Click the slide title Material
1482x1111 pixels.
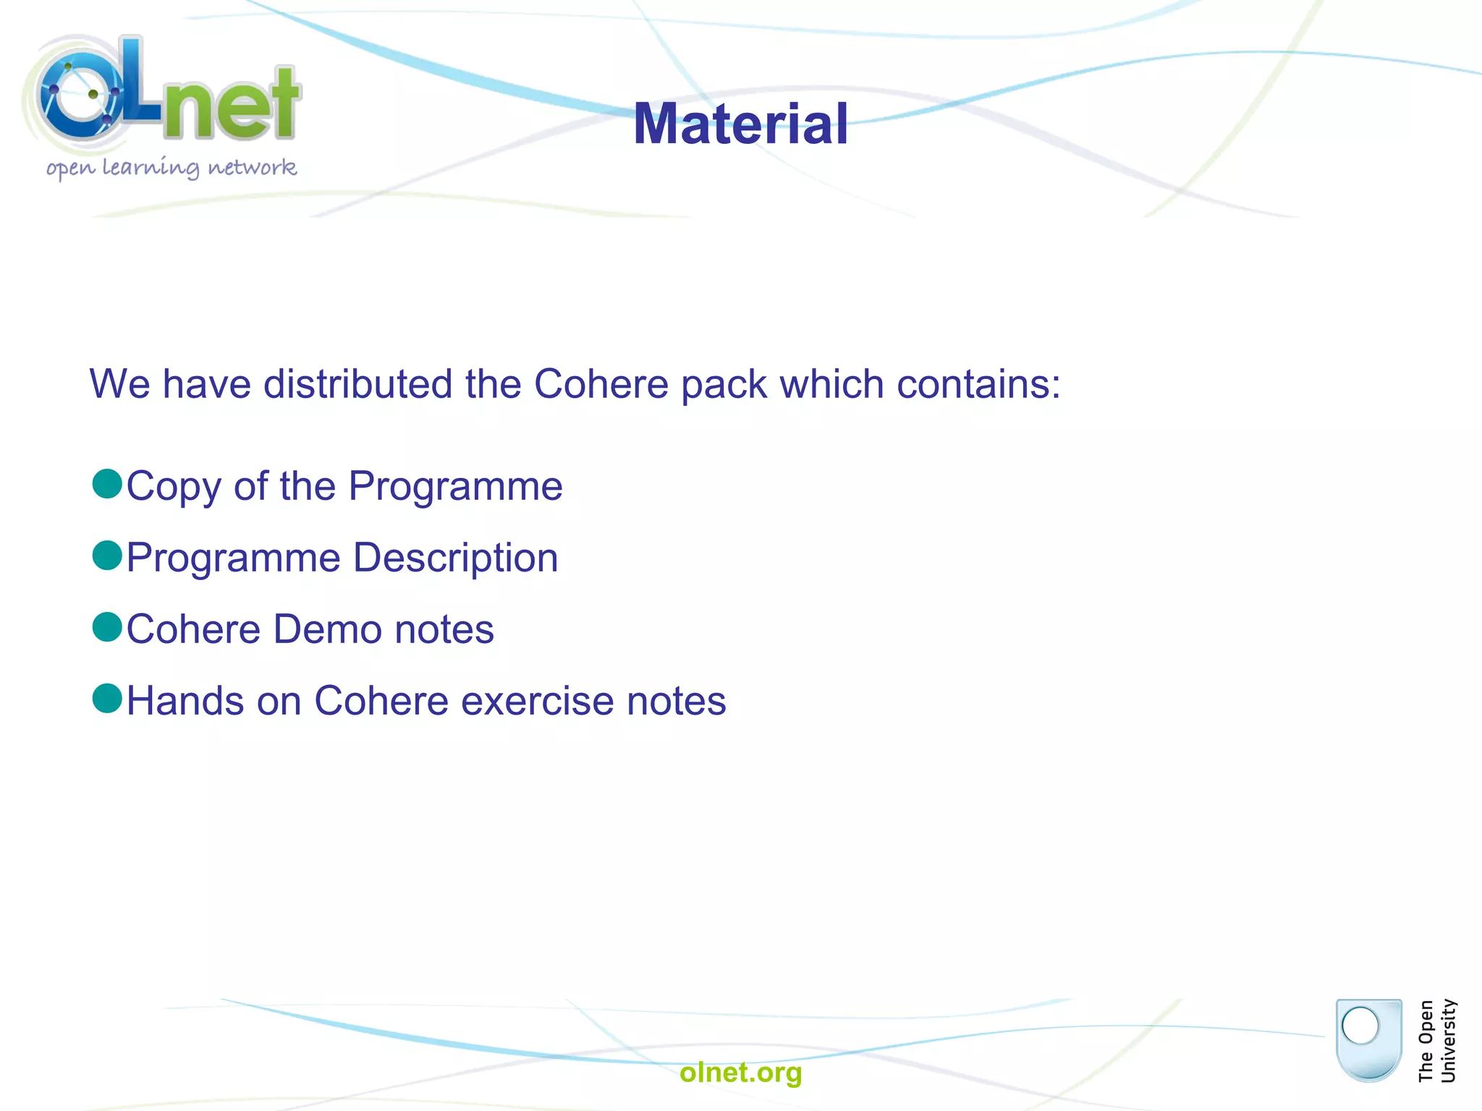point(740,124)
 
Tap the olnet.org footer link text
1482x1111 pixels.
point(740,1072)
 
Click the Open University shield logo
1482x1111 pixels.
point(1368,1039)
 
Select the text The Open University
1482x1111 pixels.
point(1436,1041)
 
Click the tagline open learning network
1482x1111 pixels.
point(172,168)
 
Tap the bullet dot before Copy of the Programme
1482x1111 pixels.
point(108,484)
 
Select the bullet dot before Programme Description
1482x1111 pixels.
point(108,555)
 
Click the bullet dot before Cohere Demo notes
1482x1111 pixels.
point(108,627)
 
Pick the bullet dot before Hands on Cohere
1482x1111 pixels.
point(108,699)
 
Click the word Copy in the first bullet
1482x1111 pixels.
point(174,487)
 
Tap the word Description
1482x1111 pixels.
point(455,558)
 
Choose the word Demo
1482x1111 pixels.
point(327,629)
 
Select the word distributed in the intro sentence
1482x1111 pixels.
point(357,384)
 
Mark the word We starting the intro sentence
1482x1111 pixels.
point(119,384)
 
